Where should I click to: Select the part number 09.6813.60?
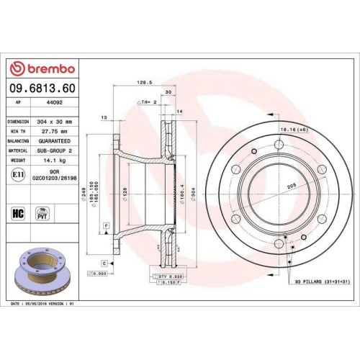pos(42,88)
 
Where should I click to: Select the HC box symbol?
pos(18,214)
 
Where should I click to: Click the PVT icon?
pos(42,214)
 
